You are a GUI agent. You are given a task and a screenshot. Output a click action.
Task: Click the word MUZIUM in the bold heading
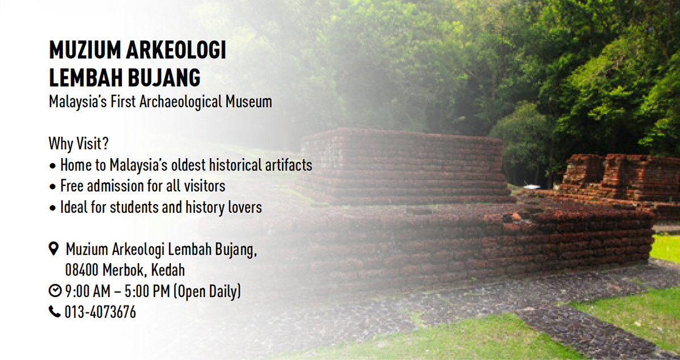(x=84, y=50)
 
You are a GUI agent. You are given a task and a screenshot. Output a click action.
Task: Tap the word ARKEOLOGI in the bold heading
(x=176, y=50)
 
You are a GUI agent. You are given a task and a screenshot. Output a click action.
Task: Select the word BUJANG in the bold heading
(x=164, y=78)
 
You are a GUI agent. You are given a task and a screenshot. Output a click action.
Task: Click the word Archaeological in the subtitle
(x=181, y=102)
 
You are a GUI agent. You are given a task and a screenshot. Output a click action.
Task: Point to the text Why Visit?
(x=79, y=143)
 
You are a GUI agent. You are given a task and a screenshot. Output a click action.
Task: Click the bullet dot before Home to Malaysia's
(x=53, y=167)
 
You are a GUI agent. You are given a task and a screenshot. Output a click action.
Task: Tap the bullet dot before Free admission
(x=53, y=187)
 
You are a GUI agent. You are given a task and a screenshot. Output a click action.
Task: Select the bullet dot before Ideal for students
(x=53, y=209)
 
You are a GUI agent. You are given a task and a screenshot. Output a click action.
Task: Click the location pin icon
(x=54, y=248)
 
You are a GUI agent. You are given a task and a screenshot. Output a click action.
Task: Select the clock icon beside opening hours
(x=55, y=290)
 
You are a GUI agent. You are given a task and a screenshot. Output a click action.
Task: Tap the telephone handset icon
(x=54, y=312)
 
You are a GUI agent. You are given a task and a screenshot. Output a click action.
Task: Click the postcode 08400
(x=82, y=270)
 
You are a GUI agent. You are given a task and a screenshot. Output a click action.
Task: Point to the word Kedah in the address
(x=168, y=270)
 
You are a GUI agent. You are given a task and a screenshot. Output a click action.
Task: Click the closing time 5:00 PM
(x=147, y=291)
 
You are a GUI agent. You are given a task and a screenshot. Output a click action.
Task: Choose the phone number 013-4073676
(x=100, y=312)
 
